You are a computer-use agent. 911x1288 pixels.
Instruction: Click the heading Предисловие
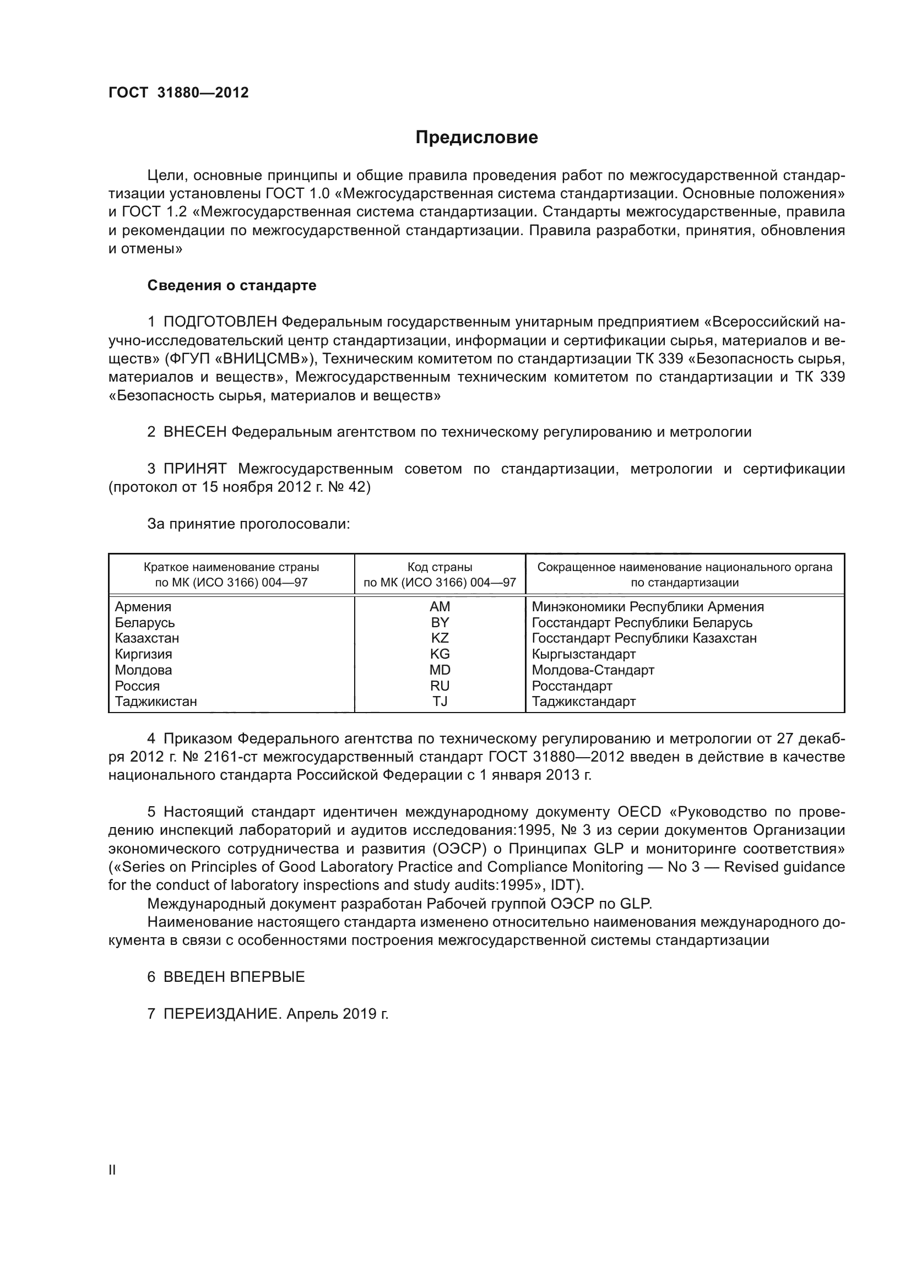pyautogui.click(x=476, y=138)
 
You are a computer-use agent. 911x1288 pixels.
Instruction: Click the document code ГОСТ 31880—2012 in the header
pyautogui.click(x=178, y=93)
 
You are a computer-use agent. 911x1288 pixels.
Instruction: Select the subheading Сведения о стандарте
pyautogui.click(x=232, y=286)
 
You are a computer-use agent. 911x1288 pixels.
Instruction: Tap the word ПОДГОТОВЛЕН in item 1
pyautogui.click(x=220, y=322)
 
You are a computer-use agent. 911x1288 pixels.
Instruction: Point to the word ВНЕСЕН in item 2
pyautogui.click(x=194, y=432)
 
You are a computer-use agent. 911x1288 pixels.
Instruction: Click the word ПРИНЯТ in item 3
pyautogui.click(x=194, y=469)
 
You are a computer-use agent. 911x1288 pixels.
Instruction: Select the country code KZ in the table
pyautogui.click(x=440, y=638)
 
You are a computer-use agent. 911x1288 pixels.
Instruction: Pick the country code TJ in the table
pyautogui.click(x=440, y=701)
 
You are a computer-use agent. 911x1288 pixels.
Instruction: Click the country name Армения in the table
pyautogui.click(x=143, y=606)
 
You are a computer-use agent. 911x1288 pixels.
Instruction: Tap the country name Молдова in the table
pyautogui.click(x=144, y=670)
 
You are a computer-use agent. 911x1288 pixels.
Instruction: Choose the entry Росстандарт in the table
pyautogui.click(x=572, y=686)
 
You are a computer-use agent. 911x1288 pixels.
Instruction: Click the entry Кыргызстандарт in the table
pyautogui.click(x=583, y=654)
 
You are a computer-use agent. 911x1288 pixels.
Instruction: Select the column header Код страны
pyautogui.click(x=440, y=567)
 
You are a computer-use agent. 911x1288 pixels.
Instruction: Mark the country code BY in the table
pyautogui.click(x=440, y=622)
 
